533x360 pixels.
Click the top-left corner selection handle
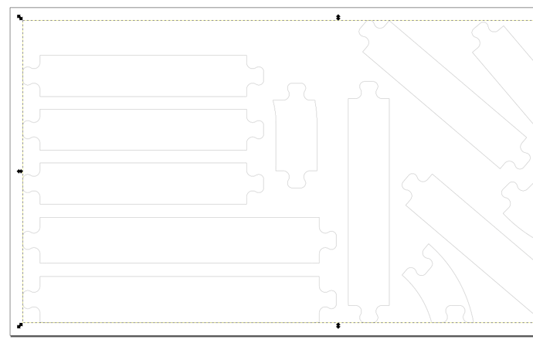(x=19, y=17)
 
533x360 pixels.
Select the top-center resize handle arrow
(x=338, y=17)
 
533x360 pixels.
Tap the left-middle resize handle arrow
(x=19, y=171)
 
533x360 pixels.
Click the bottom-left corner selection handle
(x=19, y=325)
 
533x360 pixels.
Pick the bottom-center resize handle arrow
(x=338, y=325)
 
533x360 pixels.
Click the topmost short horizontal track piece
(x=143, y=76)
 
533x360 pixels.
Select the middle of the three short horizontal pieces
(x=143, y=130)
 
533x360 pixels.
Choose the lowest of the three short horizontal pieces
(x=143, y=183)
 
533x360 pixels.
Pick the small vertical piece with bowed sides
(x=295, y=135)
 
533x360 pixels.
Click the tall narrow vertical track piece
(x=368, y=201)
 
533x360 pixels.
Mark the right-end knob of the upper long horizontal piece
(x=330, y=240)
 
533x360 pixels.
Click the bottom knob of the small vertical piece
(x=295, y=180)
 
